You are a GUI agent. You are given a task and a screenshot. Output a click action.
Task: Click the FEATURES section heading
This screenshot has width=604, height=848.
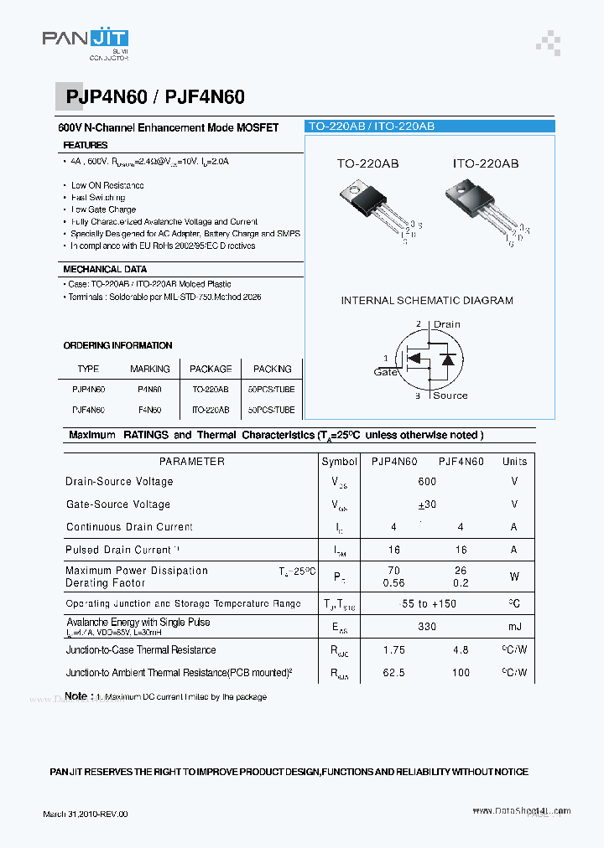click(x=86, y=145)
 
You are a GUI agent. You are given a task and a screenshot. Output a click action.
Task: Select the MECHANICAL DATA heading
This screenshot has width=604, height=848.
click(x=105, y=269)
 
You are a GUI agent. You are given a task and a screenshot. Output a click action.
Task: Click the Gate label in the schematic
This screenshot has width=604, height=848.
click(x=386, y=372)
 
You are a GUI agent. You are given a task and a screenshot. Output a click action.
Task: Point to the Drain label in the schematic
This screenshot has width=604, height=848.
click(x=446, y=324)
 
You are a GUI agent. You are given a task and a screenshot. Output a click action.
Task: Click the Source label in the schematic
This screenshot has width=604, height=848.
click(x=450, y=396)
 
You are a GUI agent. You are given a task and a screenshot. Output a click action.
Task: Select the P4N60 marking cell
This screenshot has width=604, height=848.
click(x=149, y=390)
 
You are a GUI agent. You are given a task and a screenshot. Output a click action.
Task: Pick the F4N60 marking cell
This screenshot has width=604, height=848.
click(x=149, y=410)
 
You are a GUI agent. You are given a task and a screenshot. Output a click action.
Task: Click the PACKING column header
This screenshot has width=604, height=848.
click(x=273, y=369)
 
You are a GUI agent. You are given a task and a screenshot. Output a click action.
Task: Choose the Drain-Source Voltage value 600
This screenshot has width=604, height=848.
click(x=427, y=482)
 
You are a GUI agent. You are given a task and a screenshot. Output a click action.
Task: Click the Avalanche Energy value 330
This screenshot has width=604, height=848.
click(x=427, y=627)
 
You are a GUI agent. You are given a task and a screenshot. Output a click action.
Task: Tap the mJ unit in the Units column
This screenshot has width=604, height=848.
click(x=514, y=627)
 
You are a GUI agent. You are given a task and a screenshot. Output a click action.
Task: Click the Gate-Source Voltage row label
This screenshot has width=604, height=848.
click(x=118, y=504)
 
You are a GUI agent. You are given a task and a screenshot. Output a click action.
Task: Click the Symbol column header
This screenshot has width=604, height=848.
click(x=339, y=462)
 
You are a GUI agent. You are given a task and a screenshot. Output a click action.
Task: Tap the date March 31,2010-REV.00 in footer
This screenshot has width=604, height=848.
click(x=86, y=814)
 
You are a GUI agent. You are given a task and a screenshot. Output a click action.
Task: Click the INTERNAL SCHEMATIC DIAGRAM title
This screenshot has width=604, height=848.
click(x=427, y=300)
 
